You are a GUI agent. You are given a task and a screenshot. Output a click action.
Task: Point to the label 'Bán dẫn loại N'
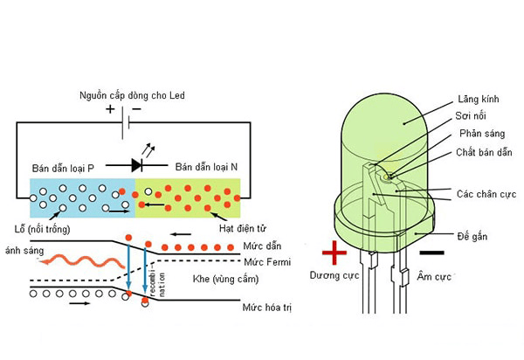[x=211, y=166]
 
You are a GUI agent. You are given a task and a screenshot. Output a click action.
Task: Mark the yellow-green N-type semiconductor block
[x=189, y=197]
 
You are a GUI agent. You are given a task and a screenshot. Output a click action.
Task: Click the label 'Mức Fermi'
[x=267, y=261]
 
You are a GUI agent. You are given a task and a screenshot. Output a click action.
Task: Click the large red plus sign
[x=334, y=253]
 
